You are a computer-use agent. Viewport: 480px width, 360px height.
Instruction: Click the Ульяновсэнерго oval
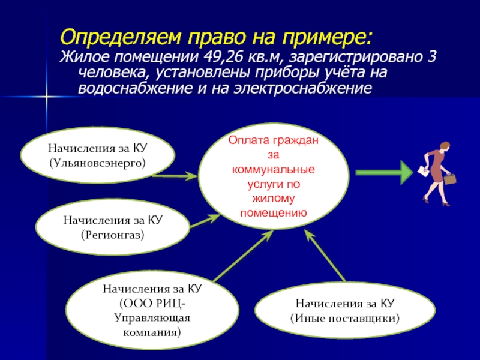pyautogui.click(x=98, y=154)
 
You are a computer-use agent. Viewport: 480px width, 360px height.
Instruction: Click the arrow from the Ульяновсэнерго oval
pyautogui.click(x=175, y=176)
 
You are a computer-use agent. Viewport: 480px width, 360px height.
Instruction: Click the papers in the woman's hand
pyautogui.click(x=422, y=171)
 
